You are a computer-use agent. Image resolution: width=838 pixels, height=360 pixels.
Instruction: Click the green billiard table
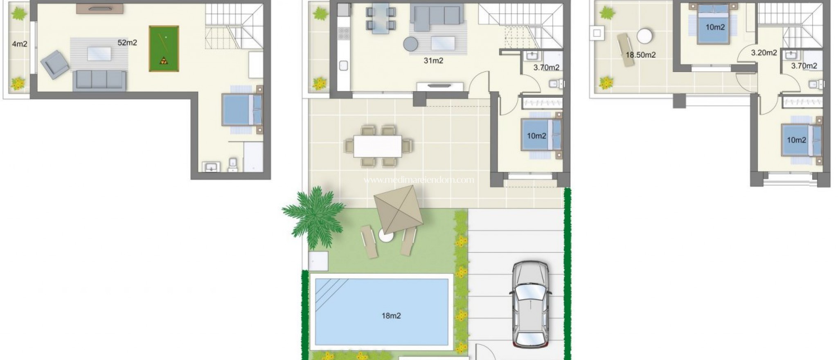(x=164, y=49)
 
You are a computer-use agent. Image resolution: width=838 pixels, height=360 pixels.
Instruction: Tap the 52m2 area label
(x=127, y=43)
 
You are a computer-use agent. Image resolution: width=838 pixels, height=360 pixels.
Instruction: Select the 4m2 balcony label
(x=19, y=44)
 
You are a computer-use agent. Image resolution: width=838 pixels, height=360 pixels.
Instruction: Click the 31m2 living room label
(x=433, y=61)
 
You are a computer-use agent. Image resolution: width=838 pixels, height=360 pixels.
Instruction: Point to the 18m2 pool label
(x=391, y=316)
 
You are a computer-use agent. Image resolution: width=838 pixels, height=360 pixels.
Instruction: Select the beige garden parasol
(x=398, y=209)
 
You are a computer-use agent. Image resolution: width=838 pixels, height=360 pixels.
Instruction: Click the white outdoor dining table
(x=378, y=146)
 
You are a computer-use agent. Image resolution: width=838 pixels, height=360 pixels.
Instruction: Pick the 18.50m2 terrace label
(x=640, y=55)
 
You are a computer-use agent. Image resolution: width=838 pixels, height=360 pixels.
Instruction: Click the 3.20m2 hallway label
(x=764, y=53)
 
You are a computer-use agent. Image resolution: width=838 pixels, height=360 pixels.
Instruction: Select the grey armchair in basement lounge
(x=54, y=64)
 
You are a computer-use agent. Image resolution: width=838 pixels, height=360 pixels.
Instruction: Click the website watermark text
(x=419, y=180)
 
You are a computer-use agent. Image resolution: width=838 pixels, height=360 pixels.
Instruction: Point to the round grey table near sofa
(x=410, y=44)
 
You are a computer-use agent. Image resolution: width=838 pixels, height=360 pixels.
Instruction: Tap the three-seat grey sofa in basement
(x=99, y=80)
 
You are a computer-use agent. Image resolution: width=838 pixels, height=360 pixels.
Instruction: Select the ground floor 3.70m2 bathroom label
(x=546, y=68)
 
